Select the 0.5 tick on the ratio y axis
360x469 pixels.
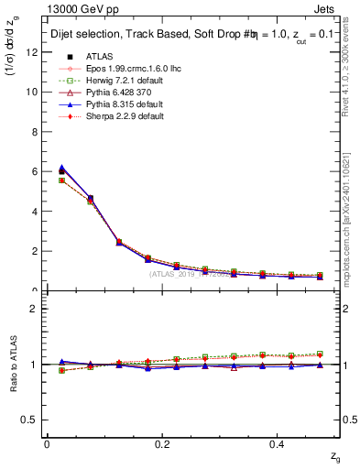[31, 420]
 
